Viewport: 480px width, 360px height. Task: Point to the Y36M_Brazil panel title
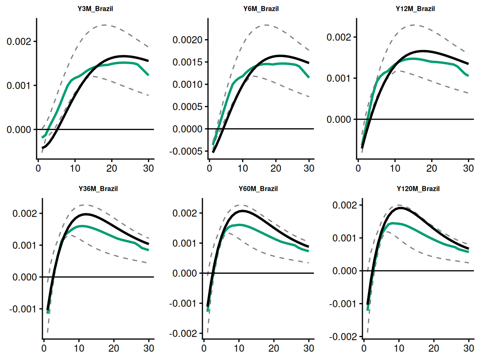(98, 189)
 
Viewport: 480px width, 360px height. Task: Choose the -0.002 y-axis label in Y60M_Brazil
(181, 334)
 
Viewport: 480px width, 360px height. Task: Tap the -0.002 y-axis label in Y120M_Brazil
(341, 336)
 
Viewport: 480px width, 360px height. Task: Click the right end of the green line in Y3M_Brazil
(148, 75)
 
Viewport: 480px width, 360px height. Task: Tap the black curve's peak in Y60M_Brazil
(242, 211)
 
